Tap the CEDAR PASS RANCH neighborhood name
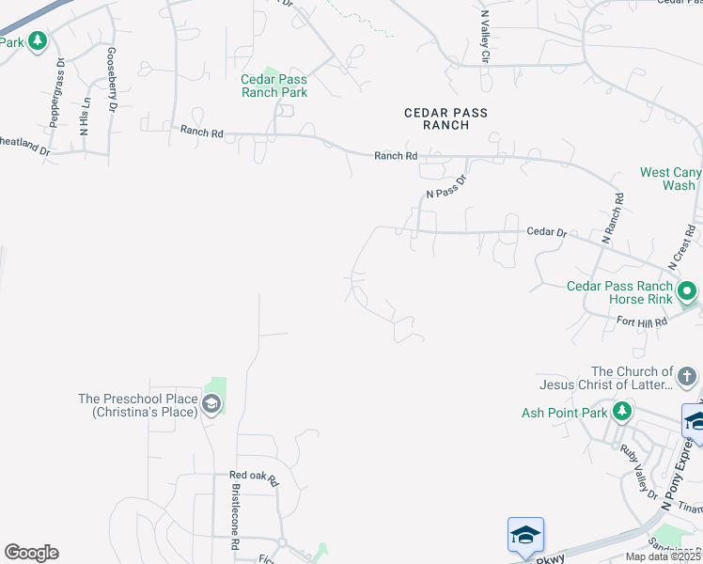(x=445, y=118)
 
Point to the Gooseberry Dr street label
(x=113, y=80)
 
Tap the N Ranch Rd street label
(x=613, y=219)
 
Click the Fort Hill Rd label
(x=641, y=321)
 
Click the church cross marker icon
(x=687, y=378)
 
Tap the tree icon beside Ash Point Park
(x=621, y=412)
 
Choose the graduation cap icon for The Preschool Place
(x=211, y=405)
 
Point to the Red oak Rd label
(x=254, y=478)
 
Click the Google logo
(x=31, y=553)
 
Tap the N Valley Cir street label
(x=485, y=38)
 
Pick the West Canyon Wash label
(x=670, y=179)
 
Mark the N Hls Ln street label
(x=85, y=117)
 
